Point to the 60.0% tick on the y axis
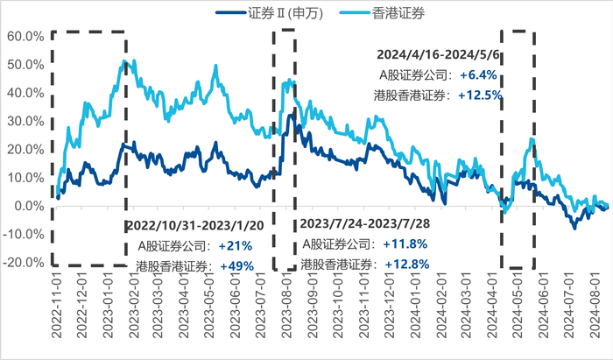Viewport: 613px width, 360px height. tap(24, 37)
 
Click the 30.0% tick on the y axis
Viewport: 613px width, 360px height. tap(24, 122)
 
